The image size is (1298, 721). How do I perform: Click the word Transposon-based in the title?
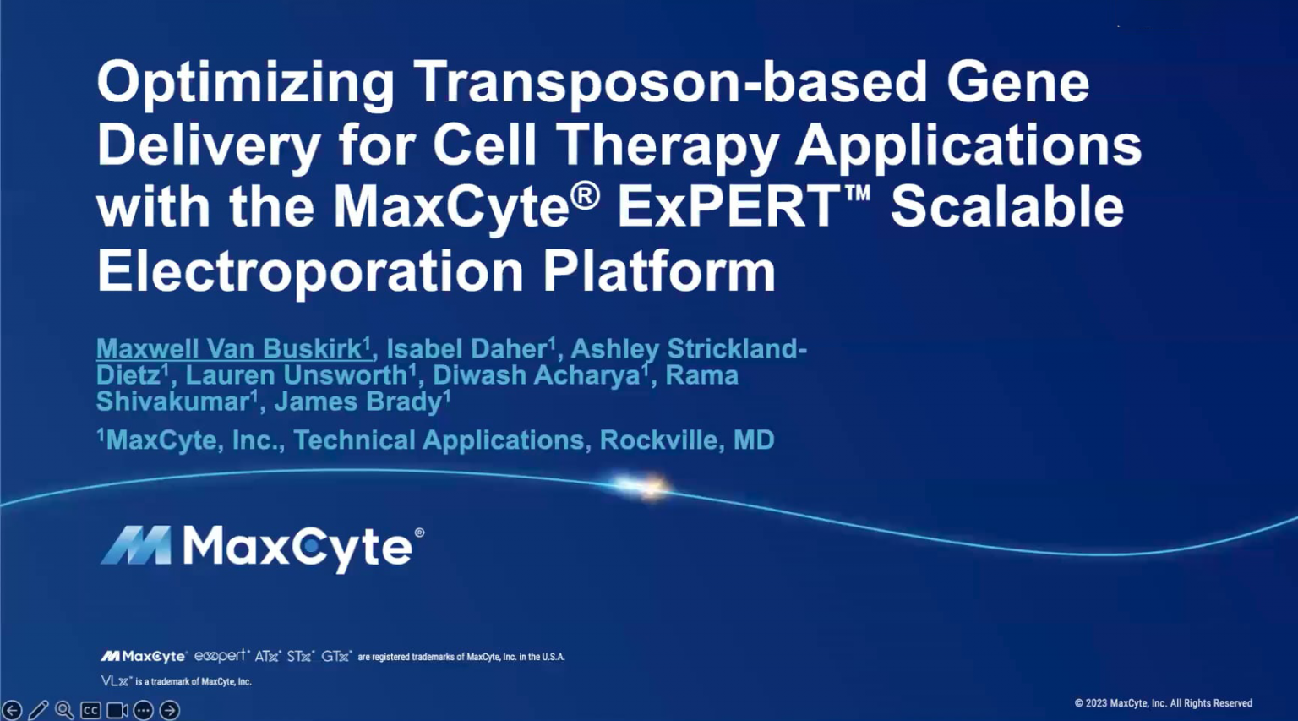click(670, 83)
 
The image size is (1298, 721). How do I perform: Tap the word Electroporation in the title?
click(310, 271)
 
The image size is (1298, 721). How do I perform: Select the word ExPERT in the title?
click(728, 208)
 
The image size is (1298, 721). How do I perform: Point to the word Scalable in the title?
click(1006, 208)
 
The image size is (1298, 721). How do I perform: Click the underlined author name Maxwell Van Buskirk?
click(229, 349)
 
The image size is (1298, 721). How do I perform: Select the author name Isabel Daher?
click(466, 349)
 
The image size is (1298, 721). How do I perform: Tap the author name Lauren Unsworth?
click(296, 375)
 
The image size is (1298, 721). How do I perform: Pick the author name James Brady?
click(358, 401)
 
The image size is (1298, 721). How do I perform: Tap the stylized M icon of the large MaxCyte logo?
click(136, 545)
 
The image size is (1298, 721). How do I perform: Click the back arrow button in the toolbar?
click(12, 711)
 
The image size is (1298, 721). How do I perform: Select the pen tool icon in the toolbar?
click(38, 711)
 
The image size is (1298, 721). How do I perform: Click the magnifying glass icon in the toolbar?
click(64, 711)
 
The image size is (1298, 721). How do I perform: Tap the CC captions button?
click(90, 711)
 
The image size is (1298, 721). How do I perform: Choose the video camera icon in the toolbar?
click(117, 711)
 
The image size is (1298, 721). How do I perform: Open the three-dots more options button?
click(144, 711)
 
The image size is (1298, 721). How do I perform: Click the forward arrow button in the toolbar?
click(170, 711)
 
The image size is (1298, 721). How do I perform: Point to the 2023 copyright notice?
click(1163, 703)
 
